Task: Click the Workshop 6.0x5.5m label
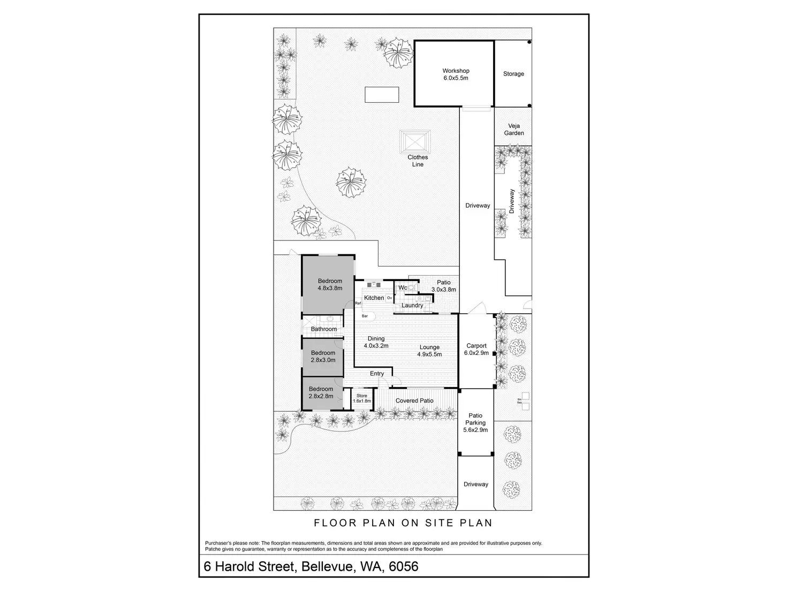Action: point(456,74)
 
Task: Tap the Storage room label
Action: point(513,74)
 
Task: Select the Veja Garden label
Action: point(513,130)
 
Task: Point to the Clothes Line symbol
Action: point(415,142)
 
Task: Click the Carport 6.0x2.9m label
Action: point(476,349)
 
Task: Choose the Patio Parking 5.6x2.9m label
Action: point(475,422)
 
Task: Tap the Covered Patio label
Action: point(414,400)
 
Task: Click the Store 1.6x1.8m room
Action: point(362,398)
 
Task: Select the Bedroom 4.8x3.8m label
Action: point(330,284)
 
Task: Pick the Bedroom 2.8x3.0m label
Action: point(323,357)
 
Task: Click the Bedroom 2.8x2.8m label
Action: point(321,392)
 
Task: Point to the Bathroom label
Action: point(324,329)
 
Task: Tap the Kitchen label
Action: point(374,298)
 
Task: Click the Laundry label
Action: point(412,305)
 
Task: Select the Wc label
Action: point(403,288)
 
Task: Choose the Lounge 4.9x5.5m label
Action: point(429,351)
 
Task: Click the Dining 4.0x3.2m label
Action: point(376,342)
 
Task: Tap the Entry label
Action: point(377,374)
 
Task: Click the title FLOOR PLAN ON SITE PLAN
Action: point(403,522)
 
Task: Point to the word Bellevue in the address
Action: point(324,566)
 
